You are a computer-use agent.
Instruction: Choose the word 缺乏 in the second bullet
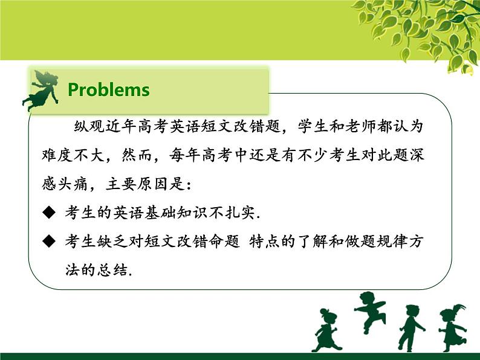[x=114, y=242]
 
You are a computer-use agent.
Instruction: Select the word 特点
[x=274, y=242]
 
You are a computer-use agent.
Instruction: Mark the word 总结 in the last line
[x=113, y=270]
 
